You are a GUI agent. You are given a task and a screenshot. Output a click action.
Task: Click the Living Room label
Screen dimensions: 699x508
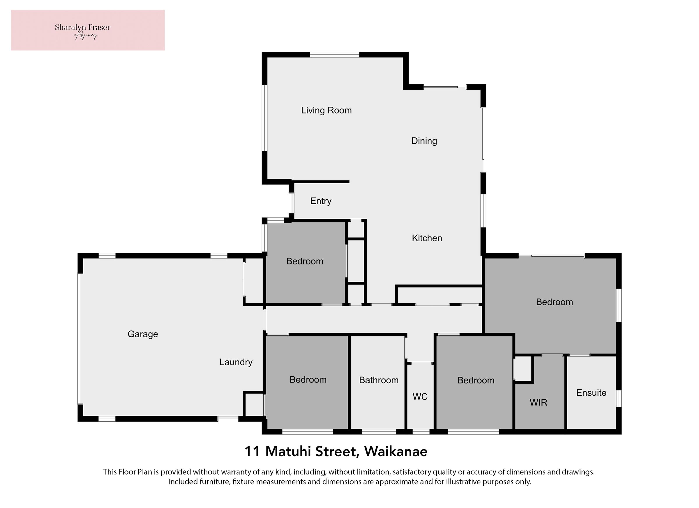[326, 110]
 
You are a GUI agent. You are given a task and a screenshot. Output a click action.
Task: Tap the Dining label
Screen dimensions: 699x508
[424, 141]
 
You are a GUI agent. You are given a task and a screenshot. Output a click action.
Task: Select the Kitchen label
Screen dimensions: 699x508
[427, 238]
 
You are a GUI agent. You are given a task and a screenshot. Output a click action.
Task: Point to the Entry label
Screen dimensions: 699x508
[321, 201]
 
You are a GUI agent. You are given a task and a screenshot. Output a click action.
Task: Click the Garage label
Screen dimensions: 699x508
[143, 334]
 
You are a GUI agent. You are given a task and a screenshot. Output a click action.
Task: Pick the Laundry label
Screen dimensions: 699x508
[236, 362]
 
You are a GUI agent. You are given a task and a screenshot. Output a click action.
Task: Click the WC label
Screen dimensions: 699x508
[420, 397]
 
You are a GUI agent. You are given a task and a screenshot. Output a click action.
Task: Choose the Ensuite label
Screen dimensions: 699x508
[591, 392]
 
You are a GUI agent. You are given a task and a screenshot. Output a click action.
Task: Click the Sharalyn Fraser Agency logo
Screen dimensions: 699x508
[88, 30]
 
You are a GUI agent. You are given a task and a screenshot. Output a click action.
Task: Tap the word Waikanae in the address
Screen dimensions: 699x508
[396, 451]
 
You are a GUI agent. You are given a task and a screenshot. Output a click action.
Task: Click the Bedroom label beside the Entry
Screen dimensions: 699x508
[305, 261]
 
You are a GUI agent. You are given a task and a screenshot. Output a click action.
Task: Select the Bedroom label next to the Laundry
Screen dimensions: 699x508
[308, 380]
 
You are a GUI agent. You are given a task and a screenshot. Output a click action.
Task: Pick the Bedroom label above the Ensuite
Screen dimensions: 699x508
[555, 302]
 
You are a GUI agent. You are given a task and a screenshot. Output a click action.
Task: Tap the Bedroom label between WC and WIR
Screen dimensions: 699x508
[476, 380]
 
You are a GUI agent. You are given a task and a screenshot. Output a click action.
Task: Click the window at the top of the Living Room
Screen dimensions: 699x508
[335, 55]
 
